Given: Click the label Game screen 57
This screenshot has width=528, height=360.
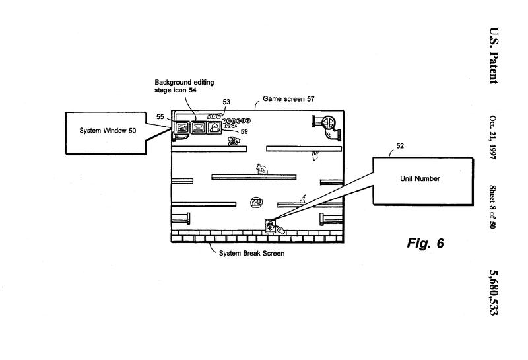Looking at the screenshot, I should [288, 98].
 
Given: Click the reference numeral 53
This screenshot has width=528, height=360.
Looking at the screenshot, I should [226, 102].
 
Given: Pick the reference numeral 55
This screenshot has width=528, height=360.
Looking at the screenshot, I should [160, 116].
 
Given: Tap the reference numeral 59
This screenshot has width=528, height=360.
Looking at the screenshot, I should [244, 131].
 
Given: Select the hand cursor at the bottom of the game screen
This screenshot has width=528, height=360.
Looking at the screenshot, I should [280, 230].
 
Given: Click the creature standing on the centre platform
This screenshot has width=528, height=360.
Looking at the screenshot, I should [263, 169].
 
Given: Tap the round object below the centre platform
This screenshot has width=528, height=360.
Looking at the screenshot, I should [256, 202].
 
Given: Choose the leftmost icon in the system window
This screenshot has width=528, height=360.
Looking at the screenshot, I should [180, 127].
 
